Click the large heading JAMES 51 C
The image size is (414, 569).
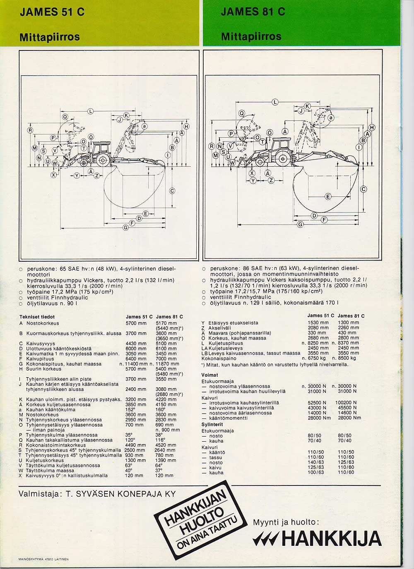click(x=52, y=12)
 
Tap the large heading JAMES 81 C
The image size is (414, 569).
click(x=253, y=12)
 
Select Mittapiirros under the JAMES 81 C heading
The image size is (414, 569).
click(x=251, y=36)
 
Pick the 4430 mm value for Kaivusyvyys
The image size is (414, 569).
click(x=136, y=344)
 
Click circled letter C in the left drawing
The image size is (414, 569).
click(x=172, y=191)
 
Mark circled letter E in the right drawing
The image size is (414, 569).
click(x=328, y=196)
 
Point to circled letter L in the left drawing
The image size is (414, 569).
click(x=91, y=110)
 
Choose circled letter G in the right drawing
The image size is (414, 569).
click(x=301, y=225)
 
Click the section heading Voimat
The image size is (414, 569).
click(x=209, y=375)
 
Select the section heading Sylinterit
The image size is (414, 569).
click(x=212, y=424)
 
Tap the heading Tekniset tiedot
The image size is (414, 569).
click(x=34, y=317)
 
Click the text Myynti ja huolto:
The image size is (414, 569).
click(x=286, y=522)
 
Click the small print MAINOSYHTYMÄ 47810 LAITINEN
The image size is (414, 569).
click(x=43, y=559)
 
